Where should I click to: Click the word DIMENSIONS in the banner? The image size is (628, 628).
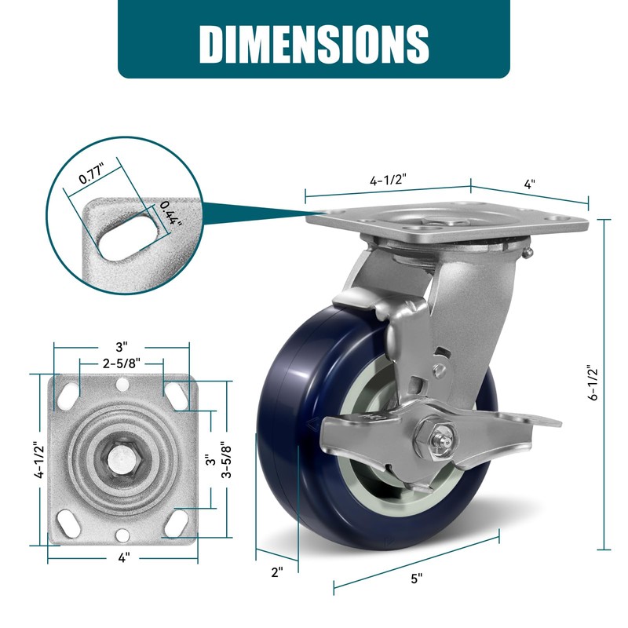click(314, 44)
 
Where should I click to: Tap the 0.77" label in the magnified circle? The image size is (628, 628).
click(92, 173)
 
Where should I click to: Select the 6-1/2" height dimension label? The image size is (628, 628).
click(593, 382)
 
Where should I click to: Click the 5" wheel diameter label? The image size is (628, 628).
click(417, 578)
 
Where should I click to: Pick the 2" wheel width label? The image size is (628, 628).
click(277, 572)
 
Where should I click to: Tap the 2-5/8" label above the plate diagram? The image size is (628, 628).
click(122, 363)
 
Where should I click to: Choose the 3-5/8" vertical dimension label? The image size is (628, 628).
click(227, 459)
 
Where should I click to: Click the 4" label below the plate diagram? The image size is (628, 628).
click(124, 557)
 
